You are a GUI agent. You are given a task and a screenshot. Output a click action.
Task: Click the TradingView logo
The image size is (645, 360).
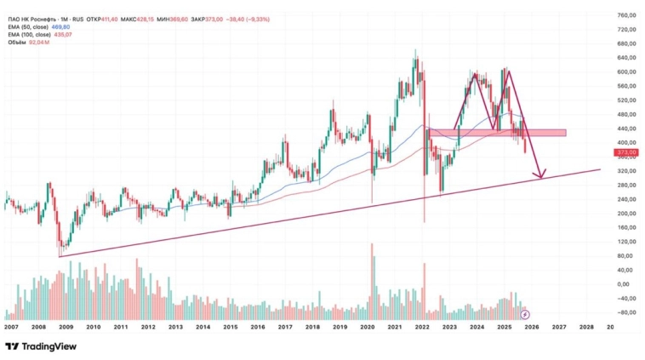(40, 346)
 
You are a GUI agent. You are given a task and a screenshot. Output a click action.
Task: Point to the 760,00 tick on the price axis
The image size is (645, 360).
(627, 15)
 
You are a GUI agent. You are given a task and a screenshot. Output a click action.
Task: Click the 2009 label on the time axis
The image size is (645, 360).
(66, 327)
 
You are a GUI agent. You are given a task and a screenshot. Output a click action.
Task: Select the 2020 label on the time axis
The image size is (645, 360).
(367, 327)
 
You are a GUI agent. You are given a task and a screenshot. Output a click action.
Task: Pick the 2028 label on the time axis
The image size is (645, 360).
(586, 327)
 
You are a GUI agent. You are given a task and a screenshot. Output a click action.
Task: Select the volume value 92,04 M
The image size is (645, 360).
(40, 43)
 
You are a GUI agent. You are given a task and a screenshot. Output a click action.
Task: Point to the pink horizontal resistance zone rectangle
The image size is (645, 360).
(497, 133)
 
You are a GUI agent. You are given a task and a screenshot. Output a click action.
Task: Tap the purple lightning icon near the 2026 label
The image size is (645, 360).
(525, 314)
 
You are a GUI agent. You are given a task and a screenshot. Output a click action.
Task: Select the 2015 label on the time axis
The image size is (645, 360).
(230, 327)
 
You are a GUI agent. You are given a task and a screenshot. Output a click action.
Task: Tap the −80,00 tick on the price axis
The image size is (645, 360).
(627, 312)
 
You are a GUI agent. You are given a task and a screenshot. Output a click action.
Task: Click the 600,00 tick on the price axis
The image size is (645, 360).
(627, 72)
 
